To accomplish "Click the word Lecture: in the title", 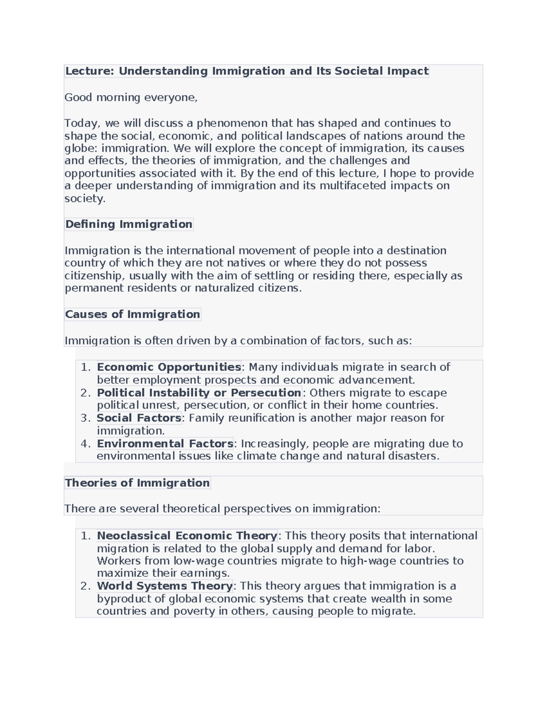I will click(89, 71).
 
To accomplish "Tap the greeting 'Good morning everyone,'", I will click(131, 98).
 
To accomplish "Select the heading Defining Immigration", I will click(129, 224).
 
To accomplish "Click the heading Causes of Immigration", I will click(132, 315).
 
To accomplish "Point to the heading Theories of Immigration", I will click(137, 483).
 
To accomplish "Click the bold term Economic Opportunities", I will click(169, 367).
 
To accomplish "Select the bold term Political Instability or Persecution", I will click(199, 393).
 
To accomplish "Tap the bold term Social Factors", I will click(139, 418).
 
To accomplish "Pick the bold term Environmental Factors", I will click(165, 444).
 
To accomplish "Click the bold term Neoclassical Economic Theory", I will click(187, 536).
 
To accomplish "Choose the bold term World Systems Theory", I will click(165, 586).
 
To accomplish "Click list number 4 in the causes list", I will click(86, 444).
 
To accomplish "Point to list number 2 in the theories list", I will click(86, 586).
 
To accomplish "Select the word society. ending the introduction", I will click(85, 199).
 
